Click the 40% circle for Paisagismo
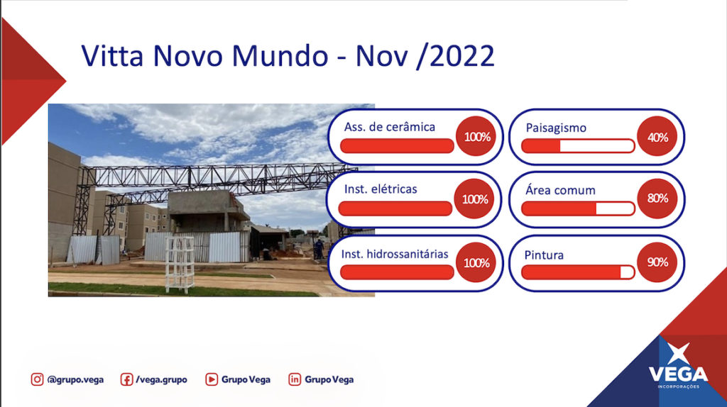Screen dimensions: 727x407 click(x=657, y=137)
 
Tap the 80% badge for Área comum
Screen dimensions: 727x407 click(x=657, y=199)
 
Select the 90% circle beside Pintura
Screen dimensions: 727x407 click(x=657, y=262)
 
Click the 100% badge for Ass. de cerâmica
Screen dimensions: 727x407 click(x=476, y=137)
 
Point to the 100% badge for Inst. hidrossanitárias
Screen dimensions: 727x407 click(x=476, y=262)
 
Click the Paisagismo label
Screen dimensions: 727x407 click(x=556, y=128)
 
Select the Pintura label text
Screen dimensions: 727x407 click(x=544, y=255)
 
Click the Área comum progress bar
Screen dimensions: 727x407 click(x=578, y=209)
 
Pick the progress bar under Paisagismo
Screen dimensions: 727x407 click(x=578, y=146)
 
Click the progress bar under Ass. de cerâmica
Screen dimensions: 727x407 click(x=397, y=146)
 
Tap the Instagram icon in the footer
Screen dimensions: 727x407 click(x=37, y=379)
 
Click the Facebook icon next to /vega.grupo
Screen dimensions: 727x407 click(x=126, y=379)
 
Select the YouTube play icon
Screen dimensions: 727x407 click(x=212, y=379)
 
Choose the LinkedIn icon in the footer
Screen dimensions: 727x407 click(x=295, y=379)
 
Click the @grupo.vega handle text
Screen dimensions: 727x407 click(x=75, y=379)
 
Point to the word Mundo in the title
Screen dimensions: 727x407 click(x=280, y=56)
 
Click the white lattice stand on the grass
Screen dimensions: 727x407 click(x=180, y=264)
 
